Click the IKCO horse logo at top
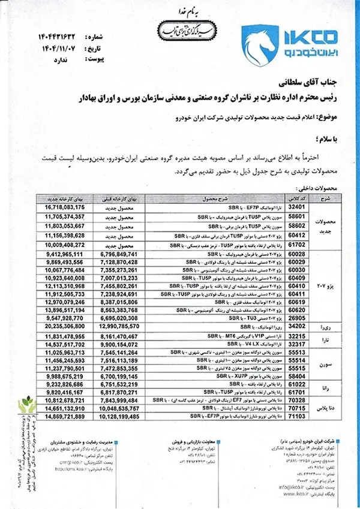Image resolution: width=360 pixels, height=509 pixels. tap(260, 39)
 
